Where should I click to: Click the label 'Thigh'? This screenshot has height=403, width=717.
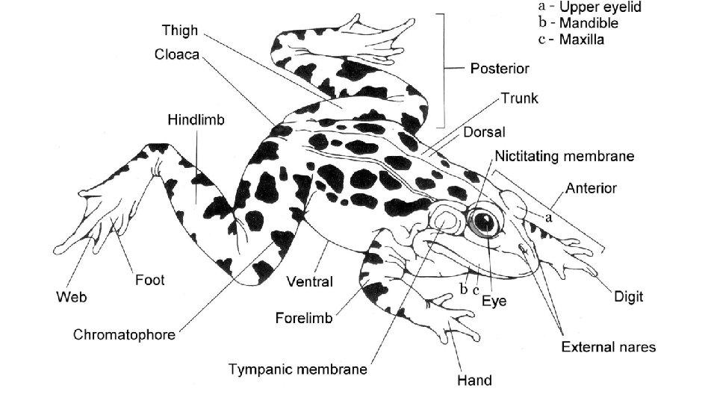(180, 31)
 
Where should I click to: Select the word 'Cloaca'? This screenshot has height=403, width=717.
(177, 55)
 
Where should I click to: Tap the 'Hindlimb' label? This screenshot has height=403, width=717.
(196, 119)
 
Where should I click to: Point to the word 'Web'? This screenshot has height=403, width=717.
(72, 297)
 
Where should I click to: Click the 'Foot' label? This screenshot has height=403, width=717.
(149, 281)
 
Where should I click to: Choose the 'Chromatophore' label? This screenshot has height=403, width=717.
(124, 334)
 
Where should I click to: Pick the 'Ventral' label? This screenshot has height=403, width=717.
(310, 282)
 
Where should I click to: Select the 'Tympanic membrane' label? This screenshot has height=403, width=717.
(298, 369)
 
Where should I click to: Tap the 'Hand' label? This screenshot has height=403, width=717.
(474, 380)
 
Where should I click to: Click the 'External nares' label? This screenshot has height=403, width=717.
(609, 346)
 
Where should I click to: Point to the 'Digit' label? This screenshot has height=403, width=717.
(628, 296)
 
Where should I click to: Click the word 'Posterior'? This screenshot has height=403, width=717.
(500, 69)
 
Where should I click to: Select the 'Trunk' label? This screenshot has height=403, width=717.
(520, 98)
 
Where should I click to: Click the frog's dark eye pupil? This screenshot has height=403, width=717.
(484, 221)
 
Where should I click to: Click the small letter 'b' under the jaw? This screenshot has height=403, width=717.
(464, 288)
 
